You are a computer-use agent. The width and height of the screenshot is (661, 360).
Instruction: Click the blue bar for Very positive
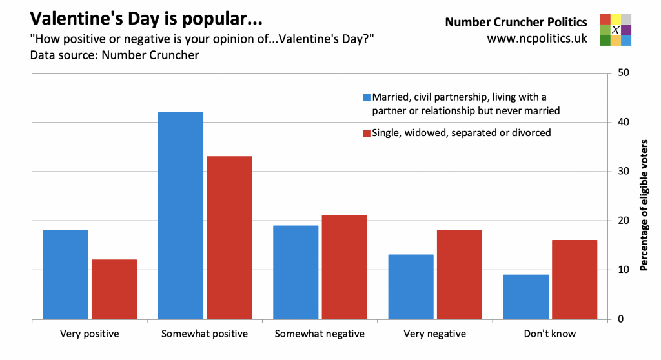coord(66,274)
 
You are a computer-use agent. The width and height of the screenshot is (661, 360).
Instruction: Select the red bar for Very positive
coord(114,289)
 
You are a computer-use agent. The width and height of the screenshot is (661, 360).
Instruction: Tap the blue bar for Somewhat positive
coord(181,215)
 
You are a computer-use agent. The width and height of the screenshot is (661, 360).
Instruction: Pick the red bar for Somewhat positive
coord(229,237)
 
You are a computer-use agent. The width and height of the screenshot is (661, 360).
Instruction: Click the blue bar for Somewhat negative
coord(296,272)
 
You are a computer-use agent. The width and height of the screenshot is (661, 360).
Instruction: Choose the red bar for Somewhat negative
coord(344,267)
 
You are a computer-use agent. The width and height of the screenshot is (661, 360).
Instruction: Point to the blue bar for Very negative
coord(411,286)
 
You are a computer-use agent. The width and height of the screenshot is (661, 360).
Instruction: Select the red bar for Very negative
coord(459,274)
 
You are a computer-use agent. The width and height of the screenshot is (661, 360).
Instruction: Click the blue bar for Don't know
coord(525,296)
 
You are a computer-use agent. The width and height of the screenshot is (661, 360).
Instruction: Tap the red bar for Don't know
coord(574,279)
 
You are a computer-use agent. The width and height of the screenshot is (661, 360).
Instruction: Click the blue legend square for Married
coord(367,98)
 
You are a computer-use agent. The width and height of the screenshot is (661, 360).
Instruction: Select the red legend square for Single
coord(367,134)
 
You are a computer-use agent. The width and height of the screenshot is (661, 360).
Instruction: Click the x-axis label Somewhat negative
coord(320,334)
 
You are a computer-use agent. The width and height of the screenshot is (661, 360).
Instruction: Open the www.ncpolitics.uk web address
coord(536,39)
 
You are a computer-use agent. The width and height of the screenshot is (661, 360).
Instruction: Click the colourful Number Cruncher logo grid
coord(615,30)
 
